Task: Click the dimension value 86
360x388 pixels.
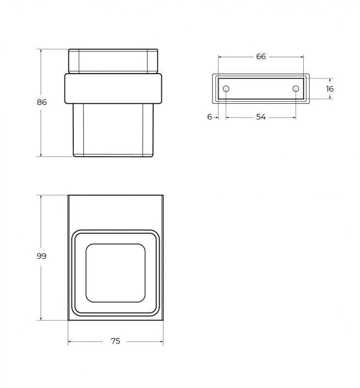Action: click(x=42, y=102)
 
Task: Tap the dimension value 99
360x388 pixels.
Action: click(x=42, y=256)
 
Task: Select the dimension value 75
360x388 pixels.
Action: click(x=115, y=341)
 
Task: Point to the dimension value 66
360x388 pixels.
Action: click(x=261, y=57)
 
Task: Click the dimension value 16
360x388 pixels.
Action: click(x=330, y=89)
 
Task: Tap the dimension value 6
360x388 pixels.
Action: click(x=210, y=117)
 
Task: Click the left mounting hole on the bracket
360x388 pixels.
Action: click(x=226, y=89)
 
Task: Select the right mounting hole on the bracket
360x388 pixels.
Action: click(x=295, y=89)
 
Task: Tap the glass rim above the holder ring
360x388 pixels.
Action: click(x=113, y=60)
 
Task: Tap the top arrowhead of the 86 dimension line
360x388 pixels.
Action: click(x=42, y=50)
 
